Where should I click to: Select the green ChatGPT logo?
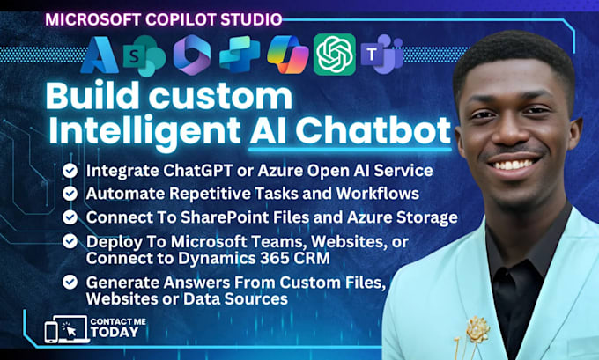pyautogui.click(x=334, y=55)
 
